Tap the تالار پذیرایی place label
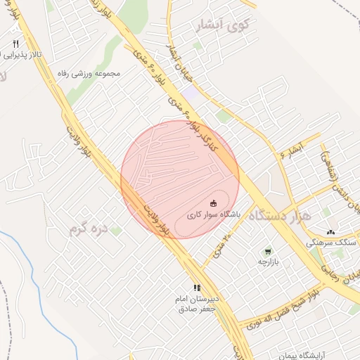coord(22,54)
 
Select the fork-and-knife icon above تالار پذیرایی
coord(15,44)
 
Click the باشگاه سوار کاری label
coord(214,212)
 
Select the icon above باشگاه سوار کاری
coord(214,201)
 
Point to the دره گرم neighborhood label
coord(90,229)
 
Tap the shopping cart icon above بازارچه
coord(268,251)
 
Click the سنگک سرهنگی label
coord(333,242)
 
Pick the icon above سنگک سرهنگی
coord(331,231)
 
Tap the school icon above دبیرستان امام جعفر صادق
coord(198,288)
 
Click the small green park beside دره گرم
coord(116,229)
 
